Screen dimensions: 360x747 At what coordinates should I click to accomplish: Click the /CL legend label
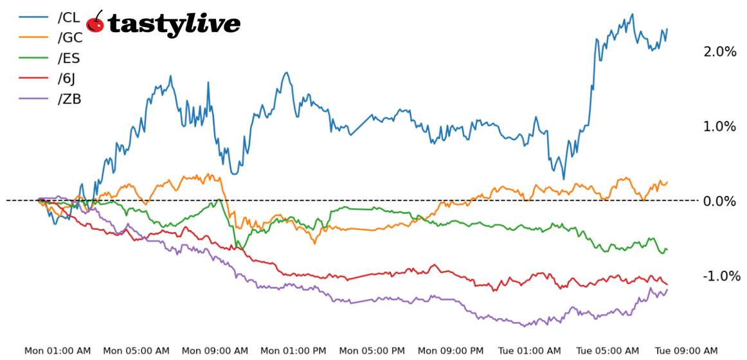pos(69,17)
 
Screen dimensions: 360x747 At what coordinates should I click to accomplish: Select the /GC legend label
pos(69,38)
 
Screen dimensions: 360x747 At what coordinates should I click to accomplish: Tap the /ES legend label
pos(69,59)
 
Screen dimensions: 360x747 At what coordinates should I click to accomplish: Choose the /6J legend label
pos(67,78)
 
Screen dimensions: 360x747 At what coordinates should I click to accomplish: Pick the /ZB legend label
pos(69,99)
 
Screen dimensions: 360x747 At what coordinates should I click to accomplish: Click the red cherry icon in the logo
pos(95,22)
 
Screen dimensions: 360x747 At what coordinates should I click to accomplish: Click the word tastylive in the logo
pos(174,24)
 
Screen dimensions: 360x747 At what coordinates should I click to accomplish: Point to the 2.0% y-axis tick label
pos(719,51)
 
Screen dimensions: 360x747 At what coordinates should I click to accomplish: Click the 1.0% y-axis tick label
pos(719,126)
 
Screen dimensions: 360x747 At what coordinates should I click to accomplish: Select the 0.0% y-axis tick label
pos(719,201)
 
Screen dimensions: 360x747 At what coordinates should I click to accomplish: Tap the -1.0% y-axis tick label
pos(721,276)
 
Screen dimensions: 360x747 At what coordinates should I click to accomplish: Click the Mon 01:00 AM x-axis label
pos(57,351)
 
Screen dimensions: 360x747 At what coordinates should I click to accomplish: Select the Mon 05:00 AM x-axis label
pos(136,351)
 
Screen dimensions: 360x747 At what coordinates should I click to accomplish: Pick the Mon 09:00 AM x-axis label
pos(215,351)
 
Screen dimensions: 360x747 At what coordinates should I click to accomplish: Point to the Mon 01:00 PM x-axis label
pos(293,351)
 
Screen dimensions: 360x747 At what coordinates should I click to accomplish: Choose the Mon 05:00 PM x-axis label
pos(372,351)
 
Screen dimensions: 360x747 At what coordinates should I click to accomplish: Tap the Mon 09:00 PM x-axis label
pos(451,351)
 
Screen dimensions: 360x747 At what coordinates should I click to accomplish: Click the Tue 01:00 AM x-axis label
pos(530,351)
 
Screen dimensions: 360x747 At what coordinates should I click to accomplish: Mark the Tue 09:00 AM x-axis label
pos(687,351)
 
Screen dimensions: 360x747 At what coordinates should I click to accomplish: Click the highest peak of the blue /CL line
pos(633,14)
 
